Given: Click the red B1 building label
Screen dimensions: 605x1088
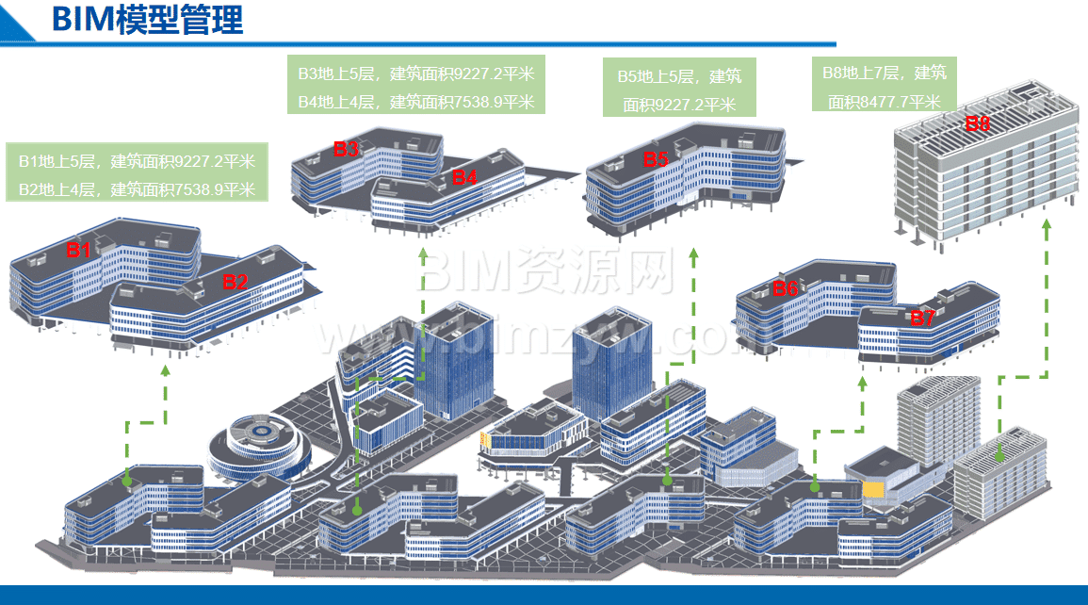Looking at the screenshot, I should click(x=78, y=251).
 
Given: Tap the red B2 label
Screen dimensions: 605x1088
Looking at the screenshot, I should click(x=235, y=282).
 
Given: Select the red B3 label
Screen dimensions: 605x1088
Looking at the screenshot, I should click(x=346, y=149).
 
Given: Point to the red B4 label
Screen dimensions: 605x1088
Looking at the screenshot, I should click(x=464, y=176).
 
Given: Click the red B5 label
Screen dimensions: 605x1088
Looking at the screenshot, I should click(x=656, y=160).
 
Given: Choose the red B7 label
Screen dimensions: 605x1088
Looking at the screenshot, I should click(x=922, y=319).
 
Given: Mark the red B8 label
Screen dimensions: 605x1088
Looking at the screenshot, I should click(x=977, y=123).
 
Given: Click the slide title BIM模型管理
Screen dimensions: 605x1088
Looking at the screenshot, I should click(x=148, y=20).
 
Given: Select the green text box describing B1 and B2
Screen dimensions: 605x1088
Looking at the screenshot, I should click(x=137, y=174).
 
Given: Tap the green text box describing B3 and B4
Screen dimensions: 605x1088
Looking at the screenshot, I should click(x=416, y=87).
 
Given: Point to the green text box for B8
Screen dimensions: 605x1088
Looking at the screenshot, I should click(x=884, y=87).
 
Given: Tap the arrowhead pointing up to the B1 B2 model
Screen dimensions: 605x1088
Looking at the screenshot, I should click(x=166, y=370).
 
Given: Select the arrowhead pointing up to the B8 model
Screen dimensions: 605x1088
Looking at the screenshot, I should click(x=1046, y=227).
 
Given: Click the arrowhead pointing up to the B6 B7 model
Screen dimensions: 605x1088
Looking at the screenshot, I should click(x=862, y=382).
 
